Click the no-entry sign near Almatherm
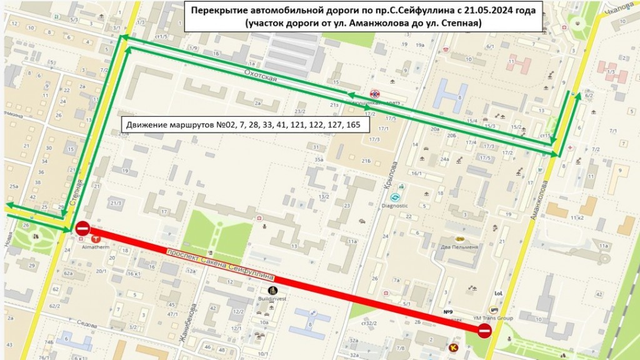pos(82,228)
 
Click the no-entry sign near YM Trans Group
pos(484,331)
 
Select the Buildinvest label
pos(272,299)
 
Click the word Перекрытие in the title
pos(217,11)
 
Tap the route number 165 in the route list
pos(362,125)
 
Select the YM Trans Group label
pos(494,318)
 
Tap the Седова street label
pos(84,326)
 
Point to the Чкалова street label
pos(615,7)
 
